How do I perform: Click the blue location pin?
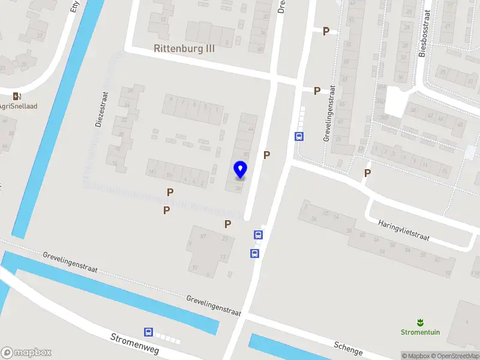pyautogui.click(x=240, y=170)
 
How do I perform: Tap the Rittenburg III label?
pyautogui.click(x=184, y=49)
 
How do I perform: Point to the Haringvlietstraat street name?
pyautogui.click(x=404, y=230)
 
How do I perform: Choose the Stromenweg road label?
pyautogui.click(x=134, y=343)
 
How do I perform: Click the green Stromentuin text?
pyautogui.click(x=419, y=332)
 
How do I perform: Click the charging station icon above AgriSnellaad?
pyautogui.click(x=16, y=96)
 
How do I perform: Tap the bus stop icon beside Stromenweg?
pyautogui.click(x=148, y=332)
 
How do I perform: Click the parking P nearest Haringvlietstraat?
pyautogui.click(x=367, y=173)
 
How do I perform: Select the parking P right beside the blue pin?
pyautogui.click(x=266, y=155)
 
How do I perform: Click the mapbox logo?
pyautogui.click(x=26, y=353)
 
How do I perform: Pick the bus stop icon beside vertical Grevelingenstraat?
pyautogui.click(x=299, y=136)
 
